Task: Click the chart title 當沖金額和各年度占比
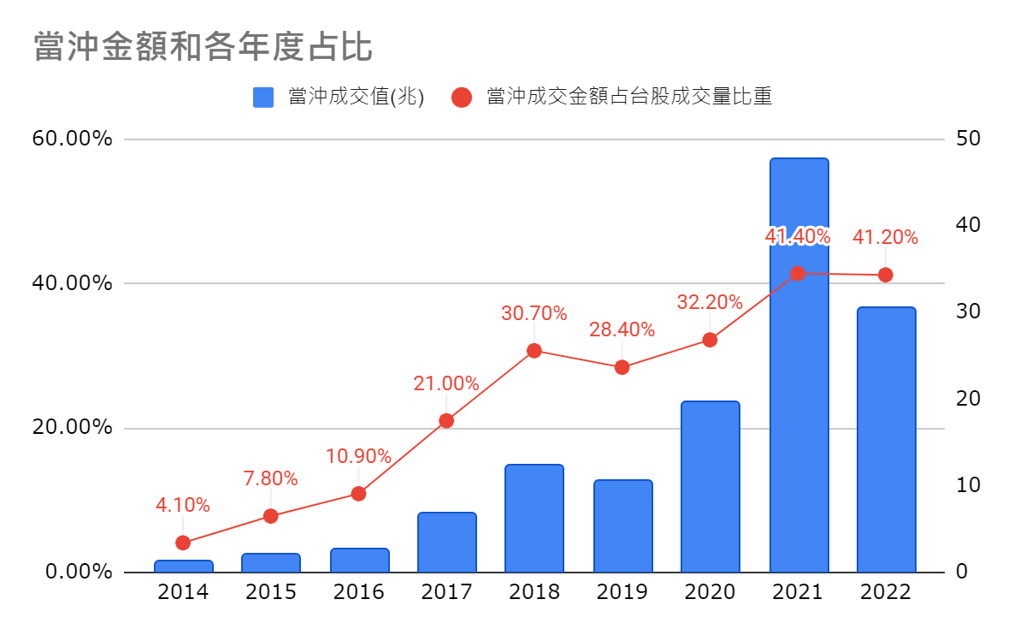[x=203, y=46]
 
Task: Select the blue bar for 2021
[x=799, y=365]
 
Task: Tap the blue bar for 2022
[x=887, y=440]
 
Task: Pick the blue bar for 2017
[x=446, y=543]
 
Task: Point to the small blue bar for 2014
[x=183, y=567]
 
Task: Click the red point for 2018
[x=534, y=351]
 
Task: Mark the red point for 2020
[x=710, y=341]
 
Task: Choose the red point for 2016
[x=358, y=494]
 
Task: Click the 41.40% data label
[x=798, y=236]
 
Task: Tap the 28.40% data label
[x=622, y=329]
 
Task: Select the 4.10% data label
[x=182, y=505]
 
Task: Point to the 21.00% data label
[x=446, y=383]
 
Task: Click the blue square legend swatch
[x=263, y=98]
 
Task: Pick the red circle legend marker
[x=461, y=98]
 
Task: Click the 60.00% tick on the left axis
[x=72, y=138]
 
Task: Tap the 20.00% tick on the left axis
[x=72, y=427]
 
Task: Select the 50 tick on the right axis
[x=968, y=138]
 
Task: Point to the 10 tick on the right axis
[x=968, y=484]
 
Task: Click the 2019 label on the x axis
[x=622, y=592]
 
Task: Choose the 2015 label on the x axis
[x=271, y=592]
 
